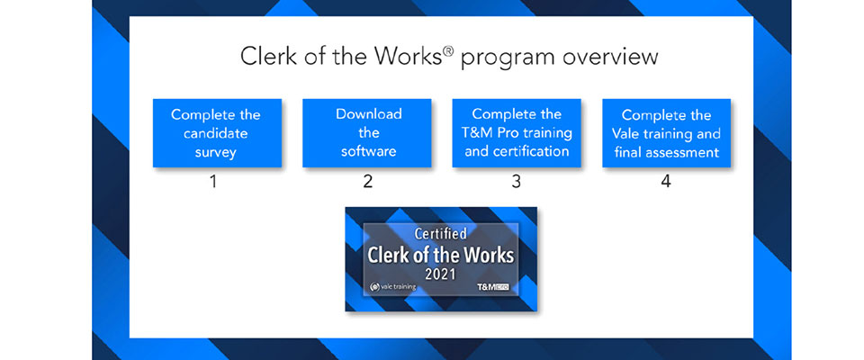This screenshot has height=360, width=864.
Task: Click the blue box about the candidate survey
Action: click(217, 133)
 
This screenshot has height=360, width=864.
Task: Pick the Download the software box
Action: click(367, 133)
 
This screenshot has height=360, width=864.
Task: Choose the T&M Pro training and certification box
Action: click(517, 133)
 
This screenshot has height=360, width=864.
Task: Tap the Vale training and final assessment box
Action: click(667, 133)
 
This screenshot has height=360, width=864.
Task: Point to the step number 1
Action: click(214, 182)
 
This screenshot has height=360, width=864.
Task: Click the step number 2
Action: click(368, 182)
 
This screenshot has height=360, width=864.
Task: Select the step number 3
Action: click(517, 182)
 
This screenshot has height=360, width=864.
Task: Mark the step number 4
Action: click(666, 182)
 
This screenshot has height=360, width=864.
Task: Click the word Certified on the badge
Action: click(441, 234)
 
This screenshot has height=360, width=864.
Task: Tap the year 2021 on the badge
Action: click(440, 274)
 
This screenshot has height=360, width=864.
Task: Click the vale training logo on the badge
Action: click(393, 287)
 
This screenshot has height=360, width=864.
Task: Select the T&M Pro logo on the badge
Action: click(492, 287)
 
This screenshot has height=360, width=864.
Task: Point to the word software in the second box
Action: click(368, 150)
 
